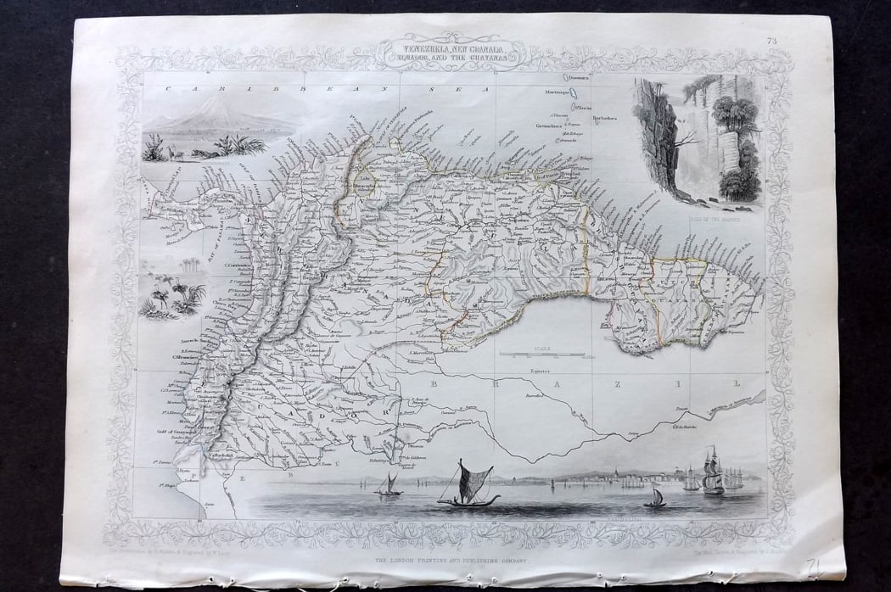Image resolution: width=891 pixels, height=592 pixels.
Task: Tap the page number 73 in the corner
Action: (771, 39)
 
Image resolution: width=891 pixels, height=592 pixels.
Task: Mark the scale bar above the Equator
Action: (541, 354)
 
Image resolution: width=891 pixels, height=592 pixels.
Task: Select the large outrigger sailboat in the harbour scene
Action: (467, 487)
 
